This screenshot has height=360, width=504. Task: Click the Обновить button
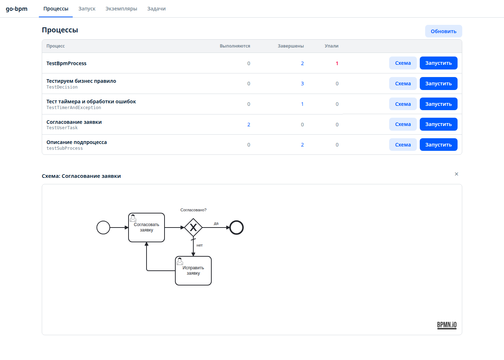(x=444, y=31)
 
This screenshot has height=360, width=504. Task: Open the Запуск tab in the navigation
(x=87, y=9)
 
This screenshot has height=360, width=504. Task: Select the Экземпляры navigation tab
(x=121, y=9)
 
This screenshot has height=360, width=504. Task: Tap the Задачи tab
(x=156, y=9)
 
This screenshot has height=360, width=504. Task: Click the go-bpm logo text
(x=17, y=9)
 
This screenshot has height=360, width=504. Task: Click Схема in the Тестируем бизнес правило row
(x=403, y=84)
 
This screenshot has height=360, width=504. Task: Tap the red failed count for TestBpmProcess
(x=337, y=63)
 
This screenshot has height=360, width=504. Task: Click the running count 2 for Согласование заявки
(x=249, y=125)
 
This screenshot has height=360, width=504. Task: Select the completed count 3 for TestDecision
(x=302, y=84)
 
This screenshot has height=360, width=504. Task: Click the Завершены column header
(x=291, y=46)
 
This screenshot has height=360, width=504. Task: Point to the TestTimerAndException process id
(x=74, y=108)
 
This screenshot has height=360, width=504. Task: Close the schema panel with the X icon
(x=456, y=174)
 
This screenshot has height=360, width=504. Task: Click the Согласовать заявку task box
(x=147, y=228)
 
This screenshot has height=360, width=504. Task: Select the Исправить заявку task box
(x=193, y=271)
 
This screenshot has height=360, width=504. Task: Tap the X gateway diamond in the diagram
(x=193, y=228)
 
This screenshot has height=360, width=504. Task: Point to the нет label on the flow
(x=199, y=245)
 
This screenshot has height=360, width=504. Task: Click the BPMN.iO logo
(x=447, y=325)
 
